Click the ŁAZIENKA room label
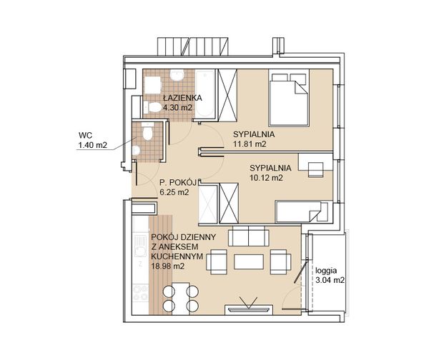click(x=182, y=98)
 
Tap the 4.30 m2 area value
click(x=178, y=107)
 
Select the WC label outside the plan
click(x=85, y=135)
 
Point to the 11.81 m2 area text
click(x=250, y=144)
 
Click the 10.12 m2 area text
click(x=266, y=178)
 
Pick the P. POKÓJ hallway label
click(x=178, y=182)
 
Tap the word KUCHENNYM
click(x=177, y=256)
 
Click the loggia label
click(x=326, y=271)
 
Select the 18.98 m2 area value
click(x=168, y=266)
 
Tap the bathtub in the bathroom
click(x=205, y=94)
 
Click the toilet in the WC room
click(x=148, y=131)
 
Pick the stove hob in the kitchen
click(x=140, y=293)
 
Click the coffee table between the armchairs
click(x=249, y=262)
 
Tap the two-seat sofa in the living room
click(x=248, y=236)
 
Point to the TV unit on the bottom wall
click(x=248, y=310)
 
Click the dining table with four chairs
click(x=181, y=299)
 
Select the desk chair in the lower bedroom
click(x=316, y=169)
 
